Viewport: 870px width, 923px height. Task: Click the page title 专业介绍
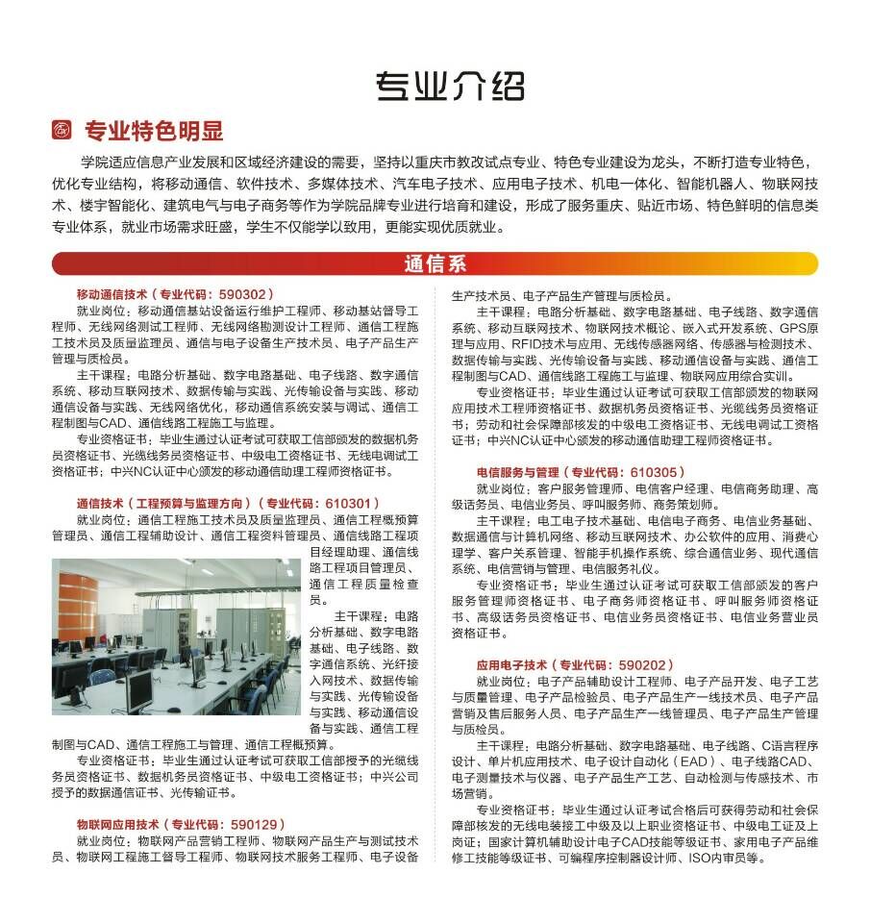click(x=449, y=87)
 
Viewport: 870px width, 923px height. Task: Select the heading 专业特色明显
click(x=154, y=131)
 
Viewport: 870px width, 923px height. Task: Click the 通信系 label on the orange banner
click(x=435, y=263)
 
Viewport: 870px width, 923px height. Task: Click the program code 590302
click(x=245, y=294)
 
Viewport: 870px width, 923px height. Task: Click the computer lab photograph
click(x=177, y=636)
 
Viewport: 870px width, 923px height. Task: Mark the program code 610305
click(x=657, y=472)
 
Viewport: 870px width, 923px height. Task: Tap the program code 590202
click(x=645, y=664)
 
